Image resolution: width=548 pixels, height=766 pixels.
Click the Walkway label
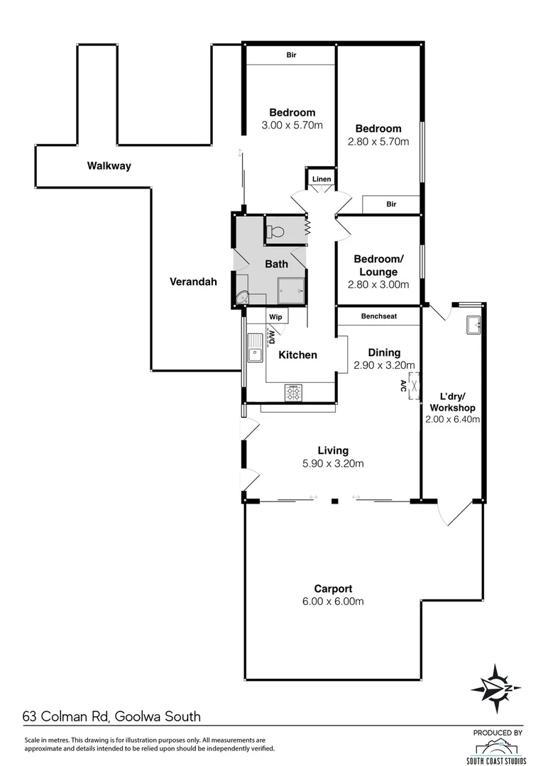[x=109, y=166]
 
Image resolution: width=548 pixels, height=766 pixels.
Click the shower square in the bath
[x=291, y=289]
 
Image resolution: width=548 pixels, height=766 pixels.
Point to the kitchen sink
[x=253, y=353]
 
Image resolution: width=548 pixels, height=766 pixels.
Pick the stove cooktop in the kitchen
[x=293, y=392]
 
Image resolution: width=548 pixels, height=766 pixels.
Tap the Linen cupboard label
[x=322, y=179]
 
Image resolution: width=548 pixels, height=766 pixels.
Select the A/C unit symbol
[x=411, y=387]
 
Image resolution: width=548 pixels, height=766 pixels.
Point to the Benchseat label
[x=378, y=316]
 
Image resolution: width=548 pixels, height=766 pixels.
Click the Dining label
[x=384, y=353]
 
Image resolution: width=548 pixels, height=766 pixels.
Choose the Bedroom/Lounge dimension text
[x=378, y=284]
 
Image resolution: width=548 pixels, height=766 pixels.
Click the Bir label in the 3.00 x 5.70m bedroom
[x=291, y=54]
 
